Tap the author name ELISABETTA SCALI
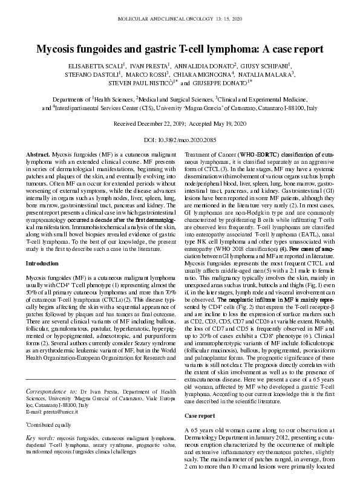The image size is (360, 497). coord(96,65)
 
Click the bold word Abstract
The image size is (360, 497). coord(38,156)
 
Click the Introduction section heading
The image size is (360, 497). coord(45,264)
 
